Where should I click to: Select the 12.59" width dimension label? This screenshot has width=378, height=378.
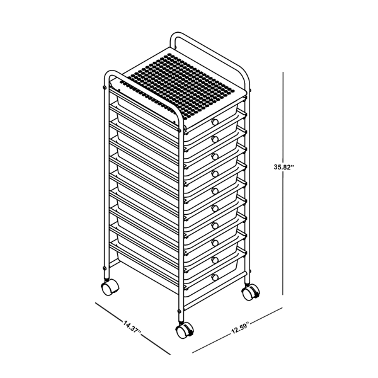coord(240,326)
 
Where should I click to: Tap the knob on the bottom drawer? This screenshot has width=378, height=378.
coord(215,276)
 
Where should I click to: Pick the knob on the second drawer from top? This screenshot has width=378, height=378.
coord(215,138)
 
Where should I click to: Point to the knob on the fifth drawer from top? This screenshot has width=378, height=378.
coord(215,190)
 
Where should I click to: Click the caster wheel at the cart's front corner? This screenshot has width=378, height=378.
coord(183,329)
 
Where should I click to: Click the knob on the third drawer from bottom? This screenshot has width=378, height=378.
coord(215,241)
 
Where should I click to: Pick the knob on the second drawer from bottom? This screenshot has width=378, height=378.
coord(215,258)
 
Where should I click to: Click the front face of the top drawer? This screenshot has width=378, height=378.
coord(202,125)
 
